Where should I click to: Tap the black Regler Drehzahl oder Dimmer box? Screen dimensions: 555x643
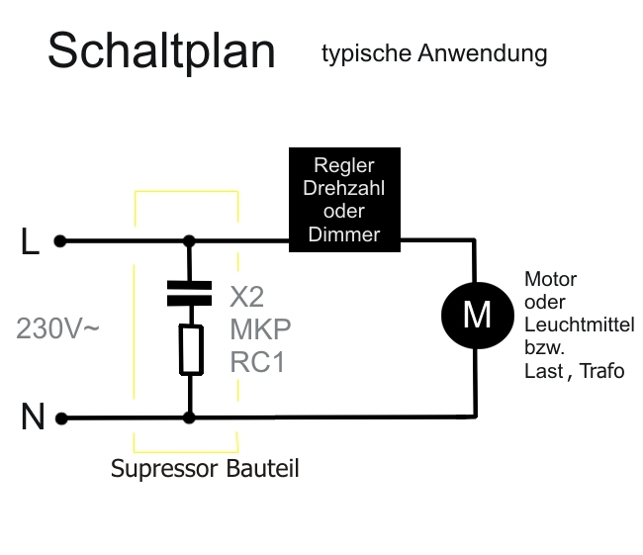click(x=344, y=198)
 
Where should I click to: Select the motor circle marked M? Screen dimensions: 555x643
click(x=477, y=314)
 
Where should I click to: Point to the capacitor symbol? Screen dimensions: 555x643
click(x=189, y=291)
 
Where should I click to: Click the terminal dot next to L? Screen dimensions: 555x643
click(x=60, y=240)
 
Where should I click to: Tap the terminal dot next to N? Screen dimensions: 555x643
click(x=60, y=418)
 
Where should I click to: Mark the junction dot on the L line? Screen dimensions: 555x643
click(x=189, y=240)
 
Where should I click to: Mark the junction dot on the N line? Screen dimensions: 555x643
click(x=189, y=418)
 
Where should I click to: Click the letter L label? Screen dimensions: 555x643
click(x=31, y=242)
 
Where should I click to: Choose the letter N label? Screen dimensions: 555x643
click(x=33, y=418)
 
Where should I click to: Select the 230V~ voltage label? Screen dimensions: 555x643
click(x=57, y=328)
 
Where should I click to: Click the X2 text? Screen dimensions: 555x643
click(x=247, y=297)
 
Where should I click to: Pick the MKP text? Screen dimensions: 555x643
click(x=260, y=328)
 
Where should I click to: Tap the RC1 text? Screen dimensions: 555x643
click(x=257, y=362)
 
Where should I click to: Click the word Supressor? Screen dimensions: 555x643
click(x=163, y=469)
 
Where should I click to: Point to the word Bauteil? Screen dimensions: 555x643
click(x=263, y=468)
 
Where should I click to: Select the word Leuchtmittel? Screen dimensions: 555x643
click(x=580, y=324)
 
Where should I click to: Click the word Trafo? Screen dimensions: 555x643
click(x=602, y=371)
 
